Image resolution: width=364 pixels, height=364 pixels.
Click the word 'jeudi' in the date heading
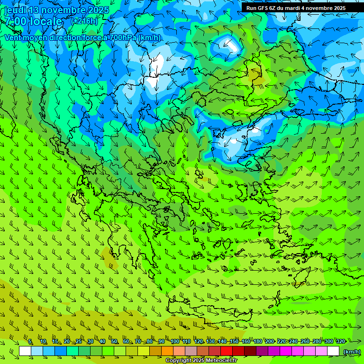[16, 10]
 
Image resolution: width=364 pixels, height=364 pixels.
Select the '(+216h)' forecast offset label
[84, 21]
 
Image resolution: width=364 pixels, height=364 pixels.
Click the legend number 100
[174, 341]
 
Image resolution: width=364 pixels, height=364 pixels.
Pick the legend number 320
[340, 341]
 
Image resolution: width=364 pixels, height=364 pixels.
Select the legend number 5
[30, 341]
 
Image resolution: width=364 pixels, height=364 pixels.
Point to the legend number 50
[114, 341]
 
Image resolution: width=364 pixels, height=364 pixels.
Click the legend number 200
[270, 341]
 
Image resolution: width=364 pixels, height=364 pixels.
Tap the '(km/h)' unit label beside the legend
[351, 352]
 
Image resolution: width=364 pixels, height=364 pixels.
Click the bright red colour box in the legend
[227, 351]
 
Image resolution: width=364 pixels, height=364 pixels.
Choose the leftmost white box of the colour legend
[25, 351]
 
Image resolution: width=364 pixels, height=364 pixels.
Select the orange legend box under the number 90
[167, 351]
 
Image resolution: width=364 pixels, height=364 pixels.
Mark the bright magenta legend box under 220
[286, 351]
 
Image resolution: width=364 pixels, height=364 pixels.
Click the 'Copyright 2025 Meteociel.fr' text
[201, 360]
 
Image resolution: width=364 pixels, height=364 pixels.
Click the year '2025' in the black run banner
[337, 8]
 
